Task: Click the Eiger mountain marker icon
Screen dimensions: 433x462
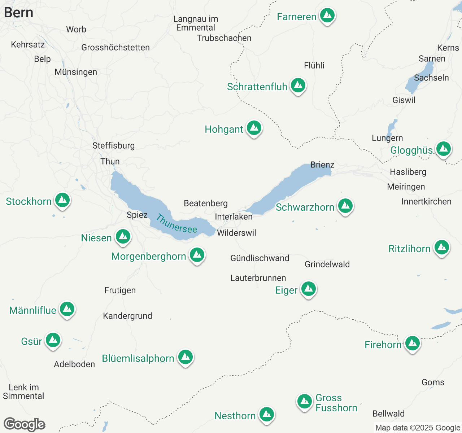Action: [308, 289]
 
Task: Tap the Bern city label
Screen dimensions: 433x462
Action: [19, 13]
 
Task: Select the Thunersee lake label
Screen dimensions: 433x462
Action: [176, 224]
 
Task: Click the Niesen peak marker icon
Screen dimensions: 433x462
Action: [123, 237]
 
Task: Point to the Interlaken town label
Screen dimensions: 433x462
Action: [234, 216]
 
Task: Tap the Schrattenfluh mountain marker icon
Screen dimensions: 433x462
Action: [298, 86]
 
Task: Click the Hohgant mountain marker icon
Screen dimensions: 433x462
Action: [254, 128]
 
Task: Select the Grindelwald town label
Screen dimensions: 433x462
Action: [327, 264]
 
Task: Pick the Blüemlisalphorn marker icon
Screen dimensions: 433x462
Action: [186, 357]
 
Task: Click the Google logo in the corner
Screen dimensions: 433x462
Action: [25, 424]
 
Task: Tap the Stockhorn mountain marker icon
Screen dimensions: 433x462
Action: [62, 200]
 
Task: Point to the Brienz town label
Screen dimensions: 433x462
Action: [322, 165]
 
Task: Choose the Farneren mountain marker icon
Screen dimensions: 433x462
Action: [327, 16]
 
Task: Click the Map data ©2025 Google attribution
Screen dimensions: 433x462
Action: [418, 428]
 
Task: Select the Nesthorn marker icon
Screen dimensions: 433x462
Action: [266, 415]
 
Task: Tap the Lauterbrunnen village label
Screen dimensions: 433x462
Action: [258, 278]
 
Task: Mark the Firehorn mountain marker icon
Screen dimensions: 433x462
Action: [412, 344]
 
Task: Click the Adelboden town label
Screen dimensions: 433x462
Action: [74, 364]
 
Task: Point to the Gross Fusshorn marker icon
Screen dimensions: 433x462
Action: [304, 401]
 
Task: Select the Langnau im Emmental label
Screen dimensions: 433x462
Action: [196, 23]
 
